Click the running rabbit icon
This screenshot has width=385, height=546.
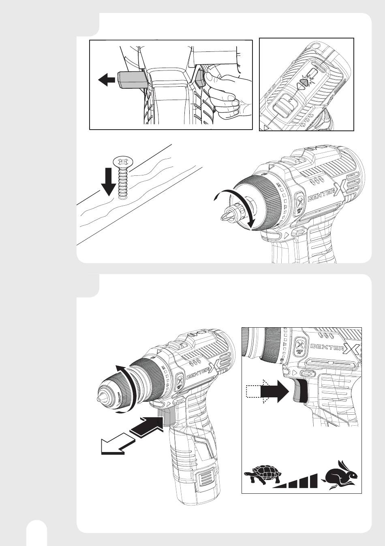(340, 474)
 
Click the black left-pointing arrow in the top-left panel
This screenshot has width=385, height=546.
(106, 80)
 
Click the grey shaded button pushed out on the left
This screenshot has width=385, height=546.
(130, 80)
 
